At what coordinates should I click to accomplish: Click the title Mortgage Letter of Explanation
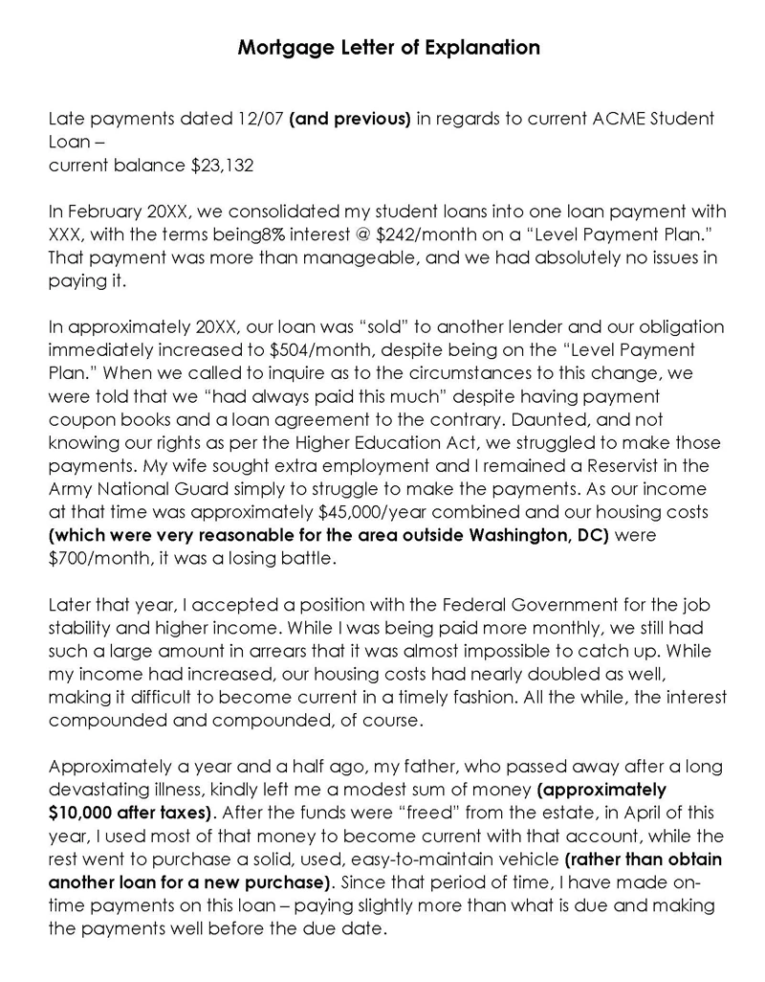(x=388, y=47)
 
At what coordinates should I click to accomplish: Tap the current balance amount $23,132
(x=222, y=166)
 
